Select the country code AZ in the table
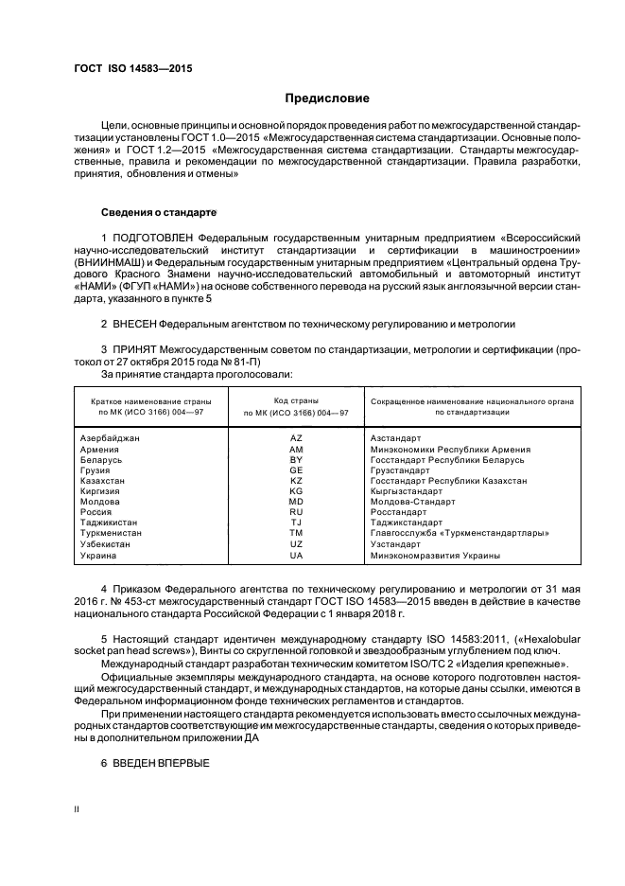(x=295, y=438)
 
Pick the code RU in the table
(x=295, y=511)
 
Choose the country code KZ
(x=295, y=480)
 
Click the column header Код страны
(x=295, y=401)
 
